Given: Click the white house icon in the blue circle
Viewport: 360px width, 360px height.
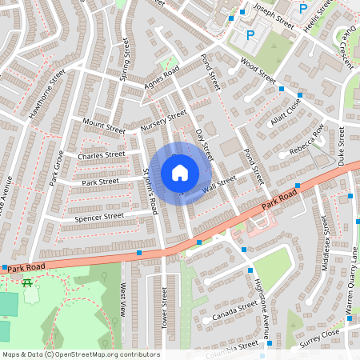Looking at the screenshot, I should pos(180,173).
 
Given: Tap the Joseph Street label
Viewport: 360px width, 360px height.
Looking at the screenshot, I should pos(274,15).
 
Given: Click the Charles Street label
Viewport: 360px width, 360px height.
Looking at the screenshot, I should pos(102,154).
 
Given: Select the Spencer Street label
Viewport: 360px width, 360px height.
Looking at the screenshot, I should pos(98,216).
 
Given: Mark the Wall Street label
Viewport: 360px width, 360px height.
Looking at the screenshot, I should pos(220,185).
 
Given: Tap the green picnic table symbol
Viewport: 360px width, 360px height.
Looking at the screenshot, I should pos(28,282).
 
